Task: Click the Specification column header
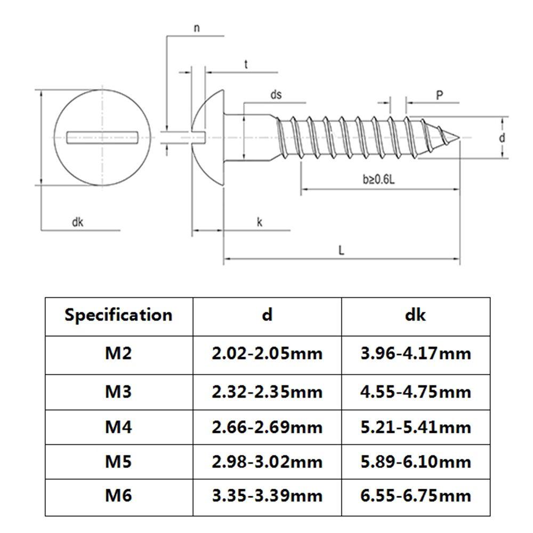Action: tap(118, 314)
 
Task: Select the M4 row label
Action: tap(118, 426)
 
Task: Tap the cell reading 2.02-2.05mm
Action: tap(267, 353)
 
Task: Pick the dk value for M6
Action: tap(415, 496)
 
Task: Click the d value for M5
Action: tap(267, 461)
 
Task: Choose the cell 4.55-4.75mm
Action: tap(415, 392)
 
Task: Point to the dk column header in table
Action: tap(415, 314)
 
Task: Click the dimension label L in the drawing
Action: tap(341, 249)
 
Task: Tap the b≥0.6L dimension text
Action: tap(378, 180)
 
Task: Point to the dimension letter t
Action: tap(246, 64)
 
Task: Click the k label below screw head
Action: tap(260, 222)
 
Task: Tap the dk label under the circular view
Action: tap(78, 222)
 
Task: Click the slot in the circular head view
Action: tap(103, 138)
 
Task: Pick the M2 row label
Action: tap(118, 353)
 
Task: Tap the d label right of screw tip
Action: tap(502, 138)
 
